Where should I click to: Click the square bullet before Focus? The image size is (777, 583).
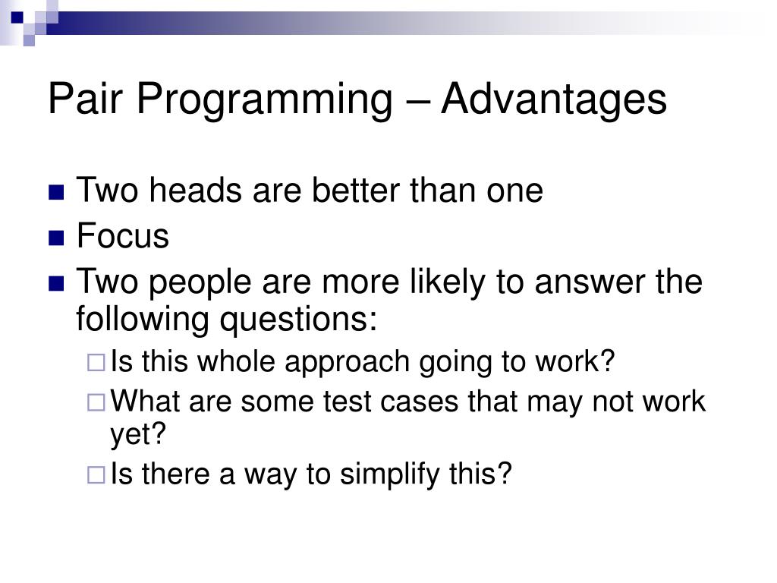(x=56, y=238)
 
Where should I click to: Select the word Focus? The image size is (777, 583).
(x=123, y=235)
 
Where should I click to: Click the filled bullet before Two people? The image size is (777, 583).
(x=56, y=284)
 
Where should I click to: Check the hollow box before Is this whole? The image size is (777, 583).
(x=96, y=362)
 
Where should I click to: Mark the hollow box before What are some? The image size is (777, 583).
(x=96, y=402)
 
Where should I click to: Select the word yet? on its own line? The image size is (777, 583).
(x=138, y=435)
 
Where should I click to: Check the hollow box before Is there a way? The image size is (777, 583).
(x=96, y=475)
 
